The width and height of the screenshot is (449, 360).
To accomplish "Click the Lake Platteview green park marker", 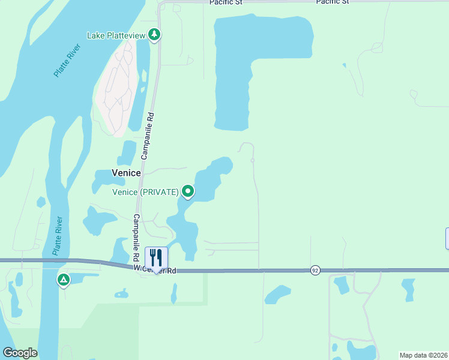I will (155, 35).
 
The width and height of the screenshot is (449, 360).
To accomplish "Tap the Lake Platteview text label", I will (116, 35).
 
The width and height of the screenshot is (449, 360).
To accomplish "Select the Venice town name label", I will (126, 173).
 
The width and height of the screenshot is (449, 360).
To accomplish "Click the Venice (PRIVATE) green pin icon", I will (188, 191).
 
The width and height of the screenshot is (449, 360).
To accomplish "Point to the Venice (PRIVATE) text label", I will (146, 192).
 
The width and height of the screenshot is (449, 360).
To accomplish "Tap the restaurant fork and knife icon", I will (156, 259).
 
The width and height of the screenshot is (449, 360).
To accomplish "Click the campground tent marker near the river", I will (63, 280).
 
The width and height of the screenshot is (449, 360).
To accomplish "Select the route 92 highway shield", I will (315, 271).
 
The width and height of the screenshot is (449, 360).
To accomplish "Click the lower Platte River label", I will (58, 236).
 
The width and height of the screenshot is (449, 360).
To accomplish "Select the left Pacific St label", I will (226, 2).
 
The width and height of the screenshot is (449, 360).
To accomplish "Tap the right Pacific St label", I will (332, 2).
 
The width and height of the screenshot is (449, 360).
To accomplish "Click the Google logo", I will (20, 353).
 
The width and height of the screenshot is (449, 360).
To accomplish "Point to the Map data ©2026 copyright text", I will (423, 355).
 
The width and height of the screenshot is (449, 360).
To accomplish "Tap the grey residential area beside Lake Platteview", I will (116, 90).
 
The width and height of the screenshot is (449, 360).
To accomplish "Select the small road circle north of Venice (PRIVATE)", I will (253, 161).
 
